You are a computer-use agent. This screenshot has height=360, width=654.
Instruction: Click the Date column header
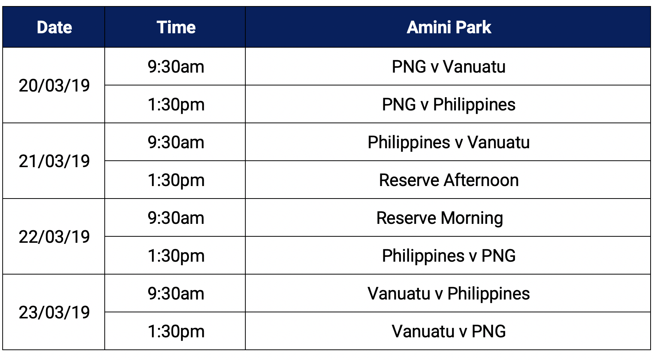[54, 27]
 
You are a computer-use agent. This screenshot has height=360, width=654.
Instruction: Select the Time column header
[176, 27]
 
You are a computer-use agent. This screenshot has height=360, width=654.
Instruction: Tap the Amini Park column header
[449, 27]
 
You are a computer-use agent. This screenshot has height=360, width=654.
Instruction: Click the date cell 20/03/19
[54, 85]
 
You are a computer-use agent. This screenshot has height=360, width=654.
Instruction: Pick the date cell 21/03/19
[54, 161]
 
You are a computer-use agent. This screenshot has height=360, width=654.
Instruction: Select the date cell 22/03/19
[54, 237]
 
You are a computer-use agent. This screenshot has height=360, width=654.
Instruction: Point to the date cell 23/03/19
[54, 312]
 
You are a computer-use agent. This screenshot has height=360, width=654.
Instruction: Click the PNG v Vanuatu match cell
[449, 67]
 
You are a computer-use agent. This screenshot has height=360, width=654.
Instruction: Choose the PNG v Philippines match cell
[449, 105]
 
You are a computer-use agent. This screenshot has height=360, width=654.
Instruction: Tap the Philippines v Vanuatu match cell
[449, 143]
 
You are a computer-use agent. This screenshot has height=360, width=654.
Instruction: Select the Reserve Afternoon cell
[449, 180]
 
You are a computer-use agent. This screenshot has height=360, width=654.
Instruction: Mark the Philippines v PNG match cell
[449, 256]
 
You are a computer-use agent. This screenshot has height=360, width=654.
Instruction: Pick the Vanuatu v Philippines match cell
[449, 294]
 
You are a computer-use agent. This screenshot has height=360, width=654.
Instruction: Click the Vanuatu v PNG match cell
[449, 331]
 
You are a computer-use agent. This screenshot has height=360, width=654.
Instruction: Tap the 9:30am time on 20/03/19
[176, 67]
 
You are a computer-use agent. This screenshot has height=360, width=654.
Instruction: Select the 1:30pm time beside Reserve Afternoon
[176, 180]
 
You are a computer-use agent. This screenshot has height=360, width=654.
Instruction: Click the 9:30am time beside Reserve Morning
[176, 218]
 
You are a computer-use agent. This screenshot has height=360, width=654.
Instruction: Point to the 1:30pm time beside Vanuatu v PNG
[176, 332]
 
